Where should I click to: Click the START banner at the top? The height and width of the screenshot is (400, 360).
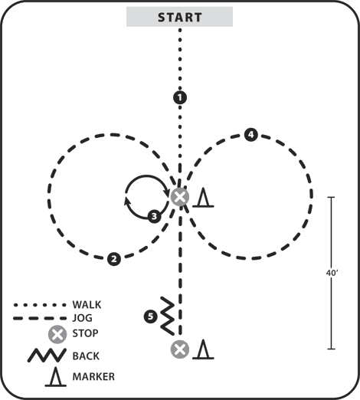(179, 17)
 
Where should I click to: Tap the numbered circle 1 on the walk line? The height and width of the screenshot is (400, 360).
(180, 97)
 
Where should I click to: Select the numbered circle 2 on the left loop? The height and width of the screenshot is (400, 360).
(114, 259)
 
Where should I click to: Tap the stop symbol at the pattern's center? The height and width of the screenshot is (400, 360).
(180, 197)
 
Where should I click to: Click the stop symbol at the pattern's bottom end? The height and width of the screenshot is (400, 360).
(180, 349)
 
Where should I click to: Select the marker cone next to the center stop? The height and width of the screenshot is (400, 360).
(203, 197)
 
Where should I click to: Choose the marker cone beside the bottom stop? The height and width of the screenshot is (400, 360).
(203, 349)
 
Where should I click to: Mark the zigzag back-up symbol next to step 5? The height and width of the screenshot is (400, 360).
(168, 316)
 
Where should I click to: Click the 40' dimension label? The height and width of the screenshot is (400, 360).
(332, 273)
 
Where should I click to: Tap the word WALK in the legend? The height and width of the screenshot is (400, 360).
(87, 305)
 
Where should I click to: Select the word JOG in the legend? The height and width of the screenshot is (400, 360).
(82, 318)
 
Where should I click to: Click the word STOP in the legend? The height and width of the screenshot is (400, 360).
(85, 333)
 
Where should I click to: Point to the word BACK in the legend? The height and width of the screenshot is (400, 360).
(86, 356)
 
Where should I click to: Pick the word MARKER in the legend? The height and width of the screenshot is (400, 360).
(93, 377)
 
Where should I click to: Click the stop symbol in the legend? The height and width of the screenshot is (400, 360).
(57, 334)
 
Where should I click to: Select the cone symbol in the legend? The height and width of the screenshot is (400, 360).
(56, 376)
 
